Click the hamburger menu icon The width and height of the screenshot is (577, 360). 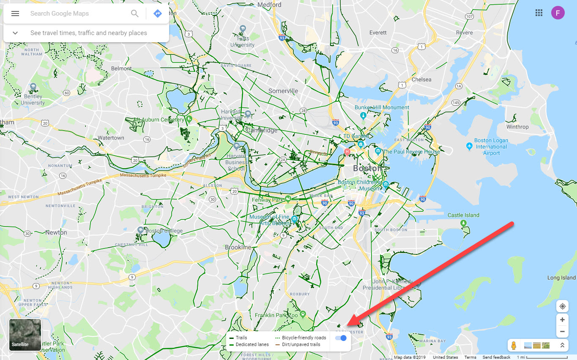pyautogui.click(x=15, y=14)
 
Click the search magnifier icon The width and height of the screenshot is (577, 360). pyautogui.click(x=135, y=14)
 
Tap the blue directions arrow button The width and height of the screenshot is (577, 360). pyautogui.click(x=158, y=14)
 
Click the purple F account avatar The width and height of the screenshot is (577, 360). pyautogui.click(x=558, y=13)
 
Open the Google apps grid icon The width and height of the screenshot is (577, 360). pyautogui.click(x=539, y=13)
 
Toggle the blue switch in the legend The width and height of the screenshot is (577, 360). pyautogui.click(x=341, y=338)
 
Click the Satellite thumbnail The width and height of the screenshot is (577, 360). pyautogui.click(x=25, y=335)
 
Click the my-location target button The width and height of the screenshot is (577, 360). pyautogui.click(x=562, y=307)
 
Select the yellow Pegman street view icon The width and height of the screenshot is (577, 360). pyautogui.click(x=514, y=345)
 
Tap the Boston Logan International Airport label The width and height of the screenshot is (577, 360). pyautogui.click(x=491, y=147)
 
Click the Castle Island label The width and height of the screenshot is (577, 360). pyautogui.click(x=463, y=215)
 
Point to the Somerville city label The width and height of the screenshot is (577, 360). pyautogui.click(x=283, y=91)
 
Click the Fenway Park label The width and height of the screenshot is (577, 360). pyautogui.click(x=267, y=200)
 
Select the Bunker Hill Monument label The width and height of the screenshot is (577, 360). pyautogui.click(x=382, y=107)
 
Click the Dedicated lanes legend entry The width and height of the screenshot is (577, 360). pyautogui.click(x=252, y=344)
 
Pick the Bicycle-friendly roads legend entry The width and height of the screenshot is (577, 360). pyautogui.click(x=304, y=338)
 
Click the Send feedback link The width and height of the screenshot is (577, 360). pyautogui.click(x=496, y=357)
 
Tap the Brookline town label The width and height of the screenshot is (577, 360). pyautogui.click(x=238, y=247)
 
